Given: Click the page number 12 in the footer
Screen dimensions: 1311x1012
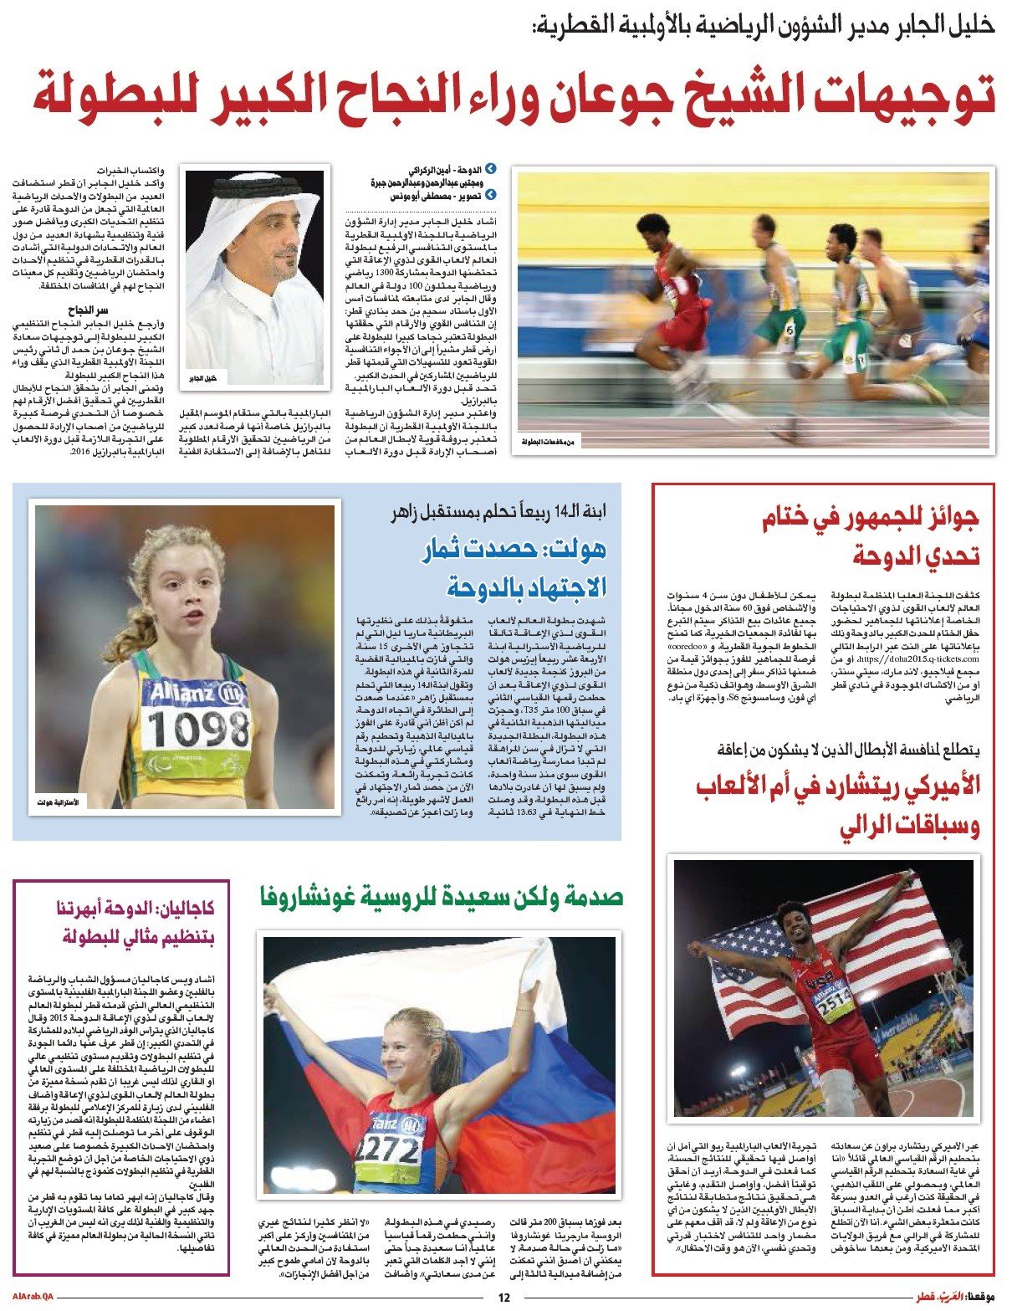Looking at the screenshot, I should pyautogui.click(x=503, y=1298).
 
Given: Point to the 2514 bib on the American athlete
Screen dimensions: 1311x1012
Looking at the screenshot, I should pyautogui.click(x=834, y=1011).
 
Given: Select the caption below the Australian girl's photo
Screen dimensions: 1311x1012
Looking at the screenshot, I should pyautogui.click(x=58, y=802).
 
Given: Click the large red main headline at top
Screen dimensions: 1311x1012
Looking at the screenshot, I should pyautogui.click(x=514, y=95).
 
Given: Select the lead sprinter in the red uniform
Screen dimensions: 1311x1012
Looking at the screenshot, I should pyautogui.click(x=677, y=284).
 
